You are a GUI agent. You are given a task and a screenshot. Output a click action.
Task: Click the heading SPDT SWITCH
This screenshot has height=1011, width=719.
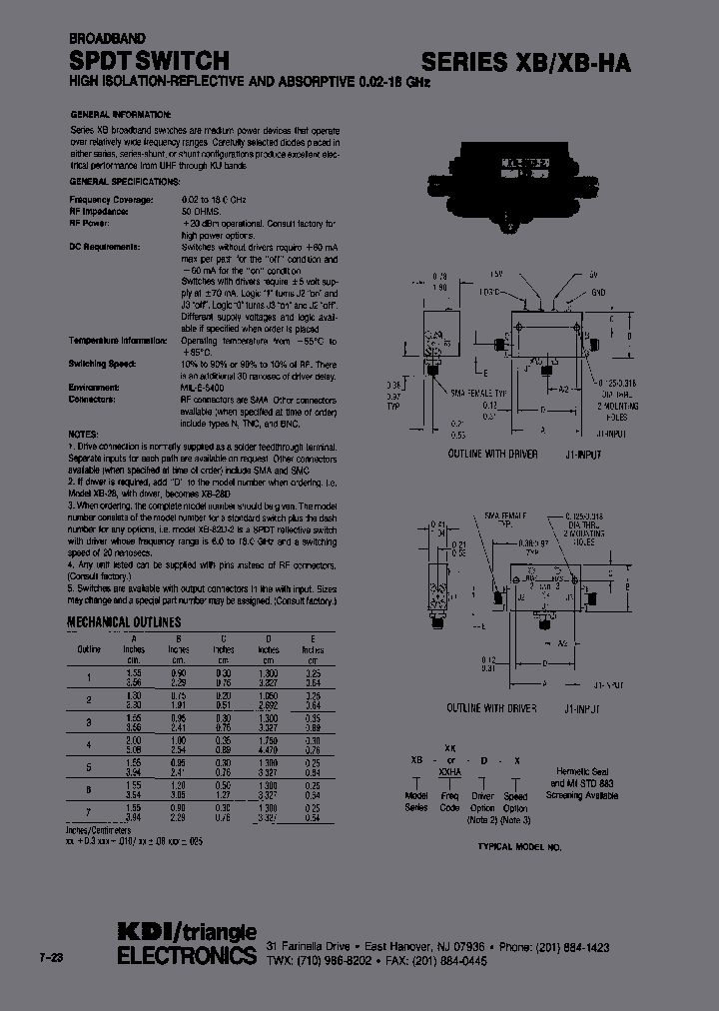click(149, 61)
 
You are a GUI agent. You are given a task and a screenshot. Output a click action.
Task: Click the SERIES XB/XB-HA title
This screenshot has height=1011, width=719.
click(525, 63)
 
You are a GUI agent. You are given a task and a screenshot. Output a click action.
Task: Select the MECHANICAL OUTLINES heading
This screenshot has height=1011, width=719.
click(124, 621)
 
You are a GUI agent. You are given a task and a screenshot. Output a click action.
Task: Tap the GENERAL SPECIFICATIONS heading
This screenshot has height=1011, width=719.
click(125, 182)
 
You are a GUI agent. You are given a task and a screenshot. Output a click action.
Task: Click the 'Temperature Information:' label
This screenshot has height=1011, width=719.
click(118, 340)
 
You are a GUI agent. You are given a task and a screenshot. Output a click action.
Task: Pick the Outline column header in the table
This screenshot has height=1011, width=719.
click(89, 648)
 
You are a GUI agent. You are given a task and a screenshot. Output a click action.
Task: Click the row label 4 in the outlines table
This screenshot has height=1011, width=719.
click(89, 743)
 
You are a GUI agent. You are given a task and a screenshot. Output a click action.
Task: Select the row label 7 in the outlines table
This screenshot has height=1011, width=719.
click(89, 810)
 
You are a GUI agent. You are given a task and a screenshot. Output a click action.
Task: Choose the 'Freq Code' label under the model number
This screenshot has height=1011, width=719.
click(450, 801)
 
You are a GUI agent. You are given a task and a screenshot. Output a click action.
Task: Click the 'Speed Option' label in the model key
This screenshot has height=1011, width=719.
click(515, 801)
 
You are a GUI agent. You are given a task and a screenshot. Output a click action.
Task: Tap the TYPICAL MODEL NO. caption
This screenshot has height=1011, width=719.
click(519, 846)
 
